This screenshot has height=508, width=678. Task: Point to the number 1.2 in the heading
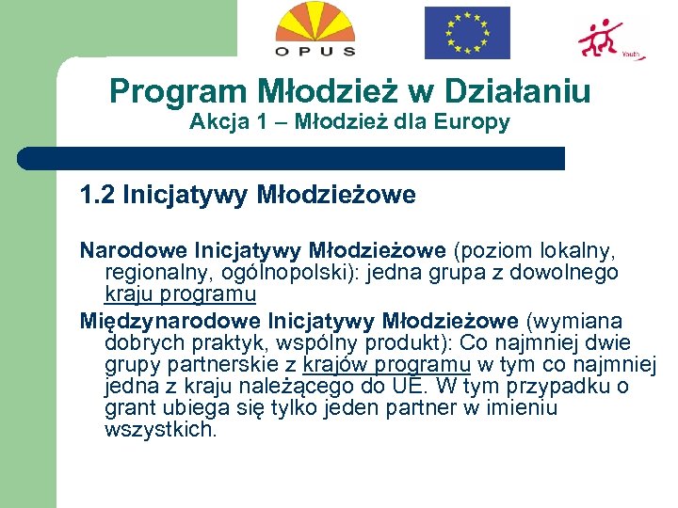point(97,196)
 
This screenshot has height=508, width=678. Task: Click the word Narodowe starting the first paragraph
point(134,251)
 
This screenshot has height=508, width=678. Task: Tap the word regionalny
point(156,273)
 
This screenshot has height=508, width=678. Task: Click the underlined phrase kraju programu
point(180,294)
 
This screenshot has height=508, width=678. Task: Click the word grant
point(129,408)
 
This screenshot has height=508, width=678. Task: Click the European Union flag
point(467,32)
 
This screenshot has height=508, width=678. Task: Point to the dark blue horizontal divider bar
point(292,158)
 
